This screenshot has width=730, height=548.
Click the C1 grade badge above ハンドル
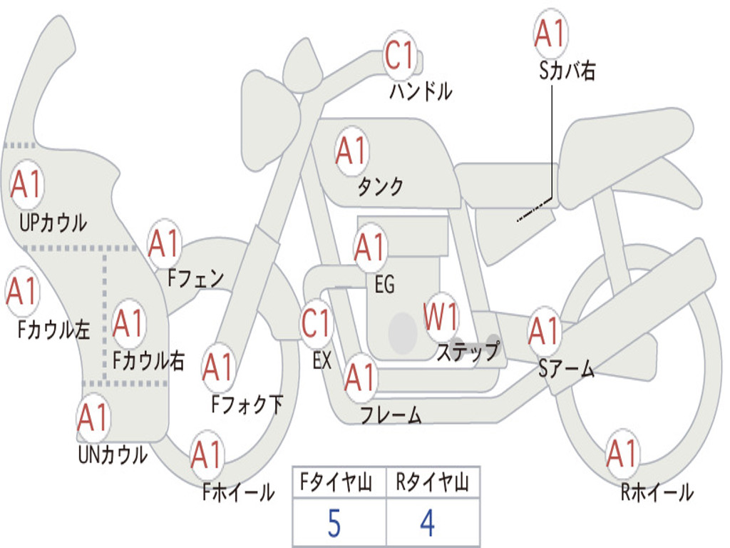(400, 55)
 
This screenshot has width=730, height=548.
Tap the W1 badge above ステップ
(441, 316)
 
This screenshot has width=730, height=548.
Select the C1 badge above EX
(317, 323)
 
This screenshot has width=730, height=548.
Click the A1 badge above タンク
(351, 151)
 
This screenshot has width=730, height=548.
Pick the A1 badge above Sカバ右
(550, 33)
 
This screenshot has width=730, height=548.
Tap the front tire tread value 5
(334, 524)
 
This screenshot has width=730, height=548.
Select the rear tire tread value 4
(427, 524)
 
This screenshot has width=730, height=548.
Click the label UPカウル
(52, 223)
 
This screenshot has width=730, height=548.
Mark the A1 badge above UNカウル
(93, 417)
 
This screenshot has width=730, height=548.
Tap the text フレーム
(391, 415)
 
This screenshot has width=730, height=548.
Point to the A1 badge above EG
(370, 248)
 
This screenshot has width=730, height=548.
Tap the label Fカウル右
(149, 361)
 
